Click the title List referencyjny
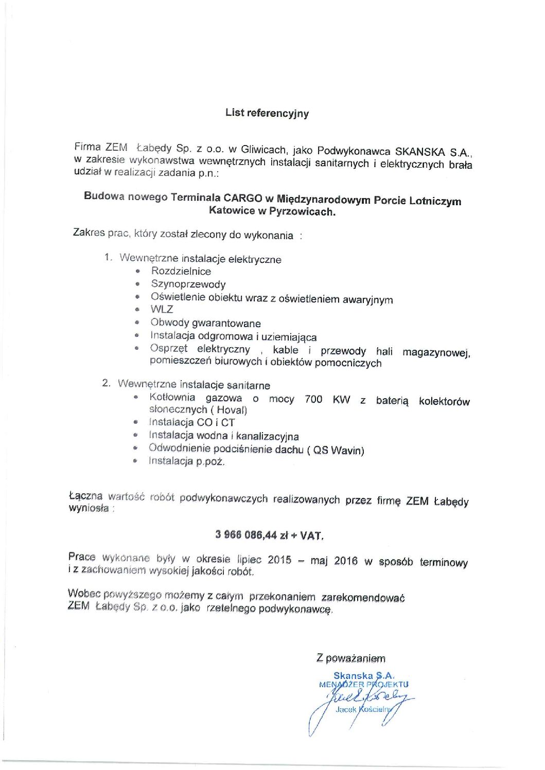[267, 113]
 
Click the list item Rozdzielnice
[181, 271]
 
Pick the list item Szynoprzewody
[188, 284]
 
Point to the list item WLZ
[162, 310]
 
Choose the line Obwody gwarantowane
[205, 323]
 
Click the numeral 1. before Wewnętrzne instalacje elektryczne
[108, 257]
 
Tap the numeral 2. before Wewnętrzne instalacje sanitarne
[106, 383]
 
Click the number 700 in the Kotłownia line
[313, 399]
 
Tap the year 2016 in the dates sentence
[345, 561]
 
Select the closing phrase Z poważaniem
[350, 658]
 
